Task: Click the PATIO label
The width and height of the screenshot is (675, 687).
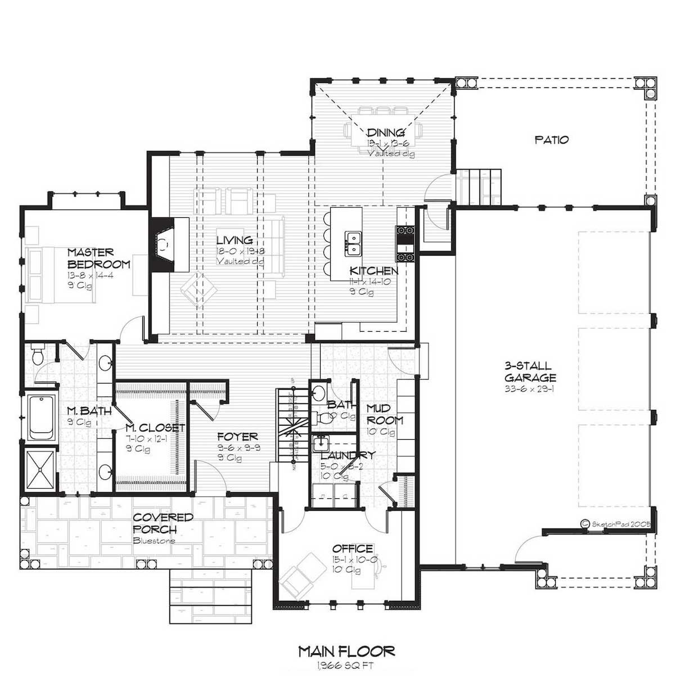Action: pos(551,140)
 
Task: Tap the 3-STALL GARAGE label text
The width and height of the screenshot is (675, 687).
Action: pos(530,372)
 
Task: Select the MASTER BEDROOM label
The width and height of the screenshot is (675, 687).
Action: pos(98,258)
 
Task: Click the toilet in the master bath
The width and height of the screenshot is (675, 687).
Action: pos(38,356)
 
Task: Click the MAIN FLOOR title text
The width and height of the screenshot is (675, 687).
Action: pos(346,652)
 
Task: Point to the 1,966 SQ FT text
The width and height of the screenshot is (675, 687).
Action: pos(345,666)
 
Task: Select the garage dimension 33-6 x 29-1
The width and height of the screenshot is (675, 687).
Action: pos(530,389)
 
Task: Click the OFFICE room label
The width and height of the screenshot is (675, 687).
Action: pos(353,548)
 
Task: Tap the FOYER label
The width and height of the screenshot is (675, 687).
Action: pos(238,436)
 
